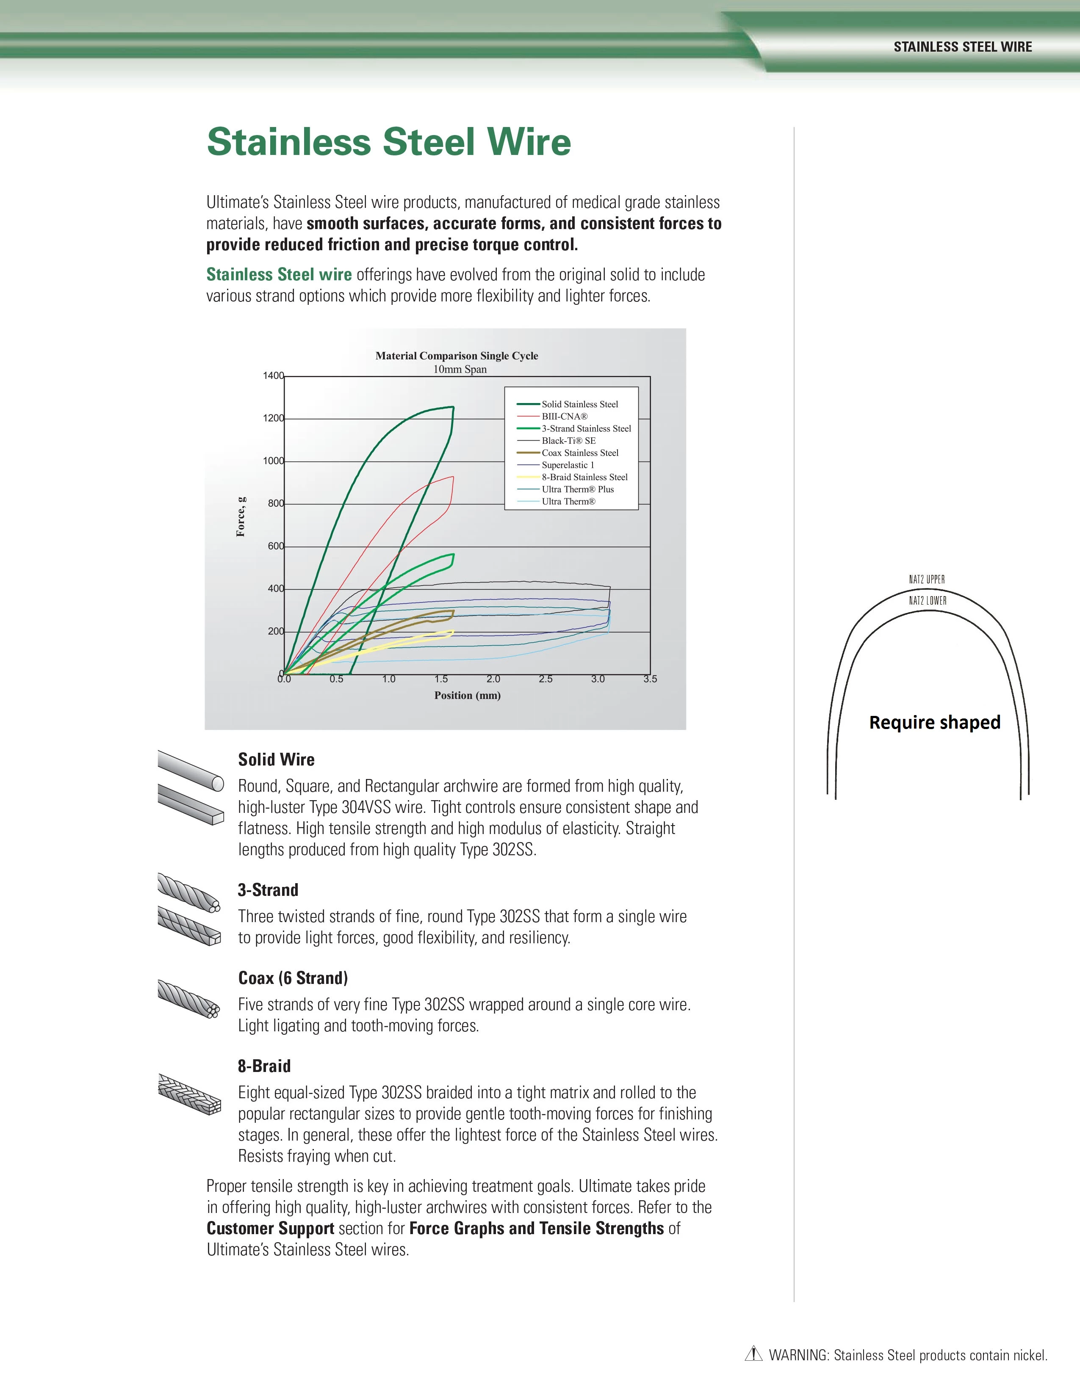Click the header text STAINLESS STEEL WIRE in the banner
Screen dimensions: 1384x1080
(x=962, y=47)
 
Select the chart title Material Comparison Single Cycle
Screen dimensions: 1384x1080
(x=456, y=356)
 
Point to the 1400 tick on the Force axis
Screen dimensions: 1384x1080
(x=273, y=376)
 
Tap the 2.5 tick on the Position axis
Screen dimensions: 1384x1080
(x=546, y=680)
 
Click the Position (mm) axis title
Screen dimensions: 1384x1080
(x=467, y=696)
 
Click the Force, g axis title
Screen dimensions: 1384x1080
(x=241, y=517)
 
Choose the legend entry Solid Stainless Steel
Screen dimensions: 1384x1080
(x=579, y=404)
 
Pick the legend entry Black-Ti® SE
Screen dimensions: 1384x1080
(x=568, y=440)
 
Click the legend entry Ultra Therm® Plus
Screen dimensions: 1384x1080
(x=577, y=489)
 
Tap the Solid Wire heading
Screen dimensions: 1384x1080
(x=276, y=760)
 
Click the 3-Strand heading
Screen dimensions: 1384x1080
(x=268, y=890)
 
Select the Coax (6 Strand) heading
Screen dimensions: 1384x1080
(x=293, y=978)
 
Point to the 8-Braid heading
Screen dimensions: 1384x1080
(x=264, y=1066)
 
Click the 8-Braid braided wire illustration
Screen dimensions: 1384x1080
(x=189, y=1094)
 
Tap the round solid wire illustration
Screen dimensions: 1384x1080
(x=190, y=770)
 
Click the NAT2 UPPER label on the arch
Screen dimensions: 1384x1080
(x=927, y=579)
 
